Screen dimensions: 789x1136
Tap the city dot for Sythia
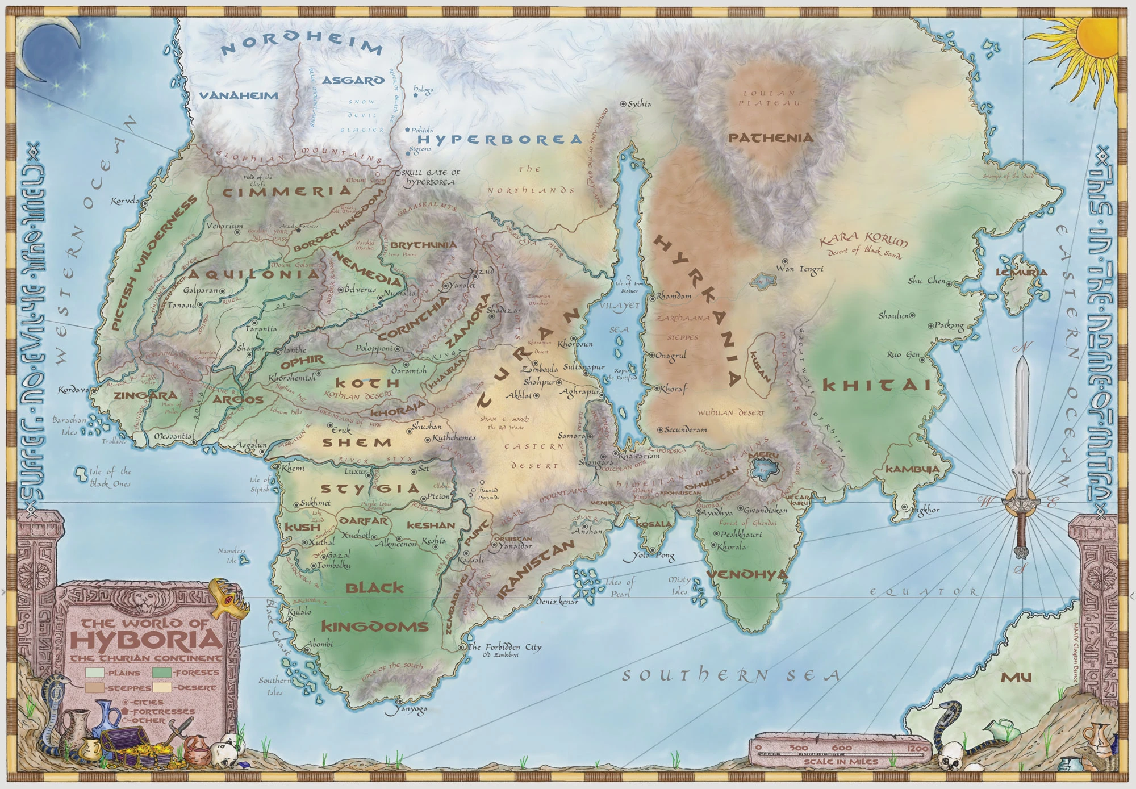[x=623, y=104]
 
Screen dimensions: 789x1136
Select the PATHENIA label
[x=771, y=137]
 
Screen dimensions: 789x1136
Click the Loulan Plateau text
[x=770, y=98]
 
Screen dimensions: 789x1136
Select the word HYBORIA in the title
[x=147, y=640]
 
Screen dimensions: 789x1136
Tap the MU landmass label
[x=1016, y=677]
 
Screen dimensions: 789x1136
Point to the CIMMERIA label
[x=287, y=192]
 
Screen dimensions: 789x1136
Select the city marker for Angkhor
[x=904, y=507]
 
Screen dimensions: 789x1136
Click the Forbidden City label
[x=504, y=647]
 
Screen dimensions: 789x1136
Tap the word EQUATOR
[x=924, y=592]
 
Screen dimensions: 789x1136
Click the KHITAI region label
[x=877, y=386]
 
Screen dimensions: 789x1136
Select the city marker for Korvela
[x=144, y=201]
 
